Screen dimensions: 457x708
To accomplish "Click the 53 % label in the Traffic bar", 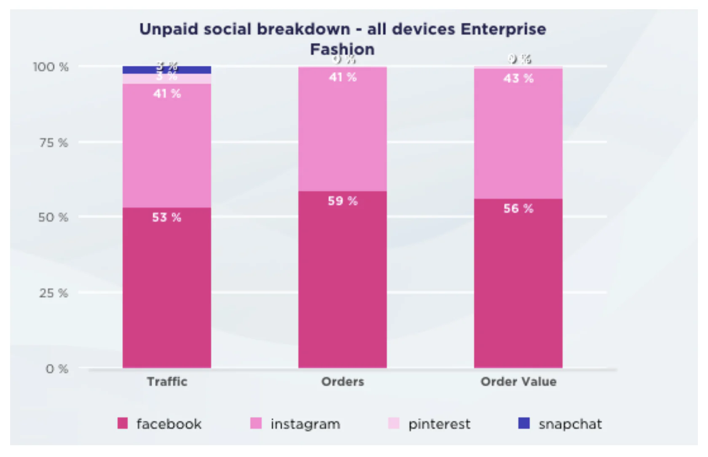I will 166,218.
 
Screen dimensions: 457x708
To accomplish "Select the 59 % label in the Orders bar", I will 343,201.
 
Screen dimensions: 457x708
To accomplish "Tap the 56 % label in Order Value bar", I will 518,209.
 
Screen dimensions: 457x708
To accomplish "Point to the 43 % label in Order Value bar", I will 518,78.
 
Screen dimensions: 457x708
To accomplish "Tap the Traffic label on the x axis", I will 167,382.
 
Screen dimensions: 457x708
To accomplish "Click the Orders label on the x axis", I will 343,382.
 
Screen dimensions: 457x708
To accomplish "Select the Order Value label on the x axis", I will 518,382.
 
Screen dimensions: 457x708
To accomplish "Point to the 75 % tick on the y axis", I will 54,143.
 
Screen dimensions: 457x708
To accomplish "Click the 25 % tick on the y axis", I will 54,293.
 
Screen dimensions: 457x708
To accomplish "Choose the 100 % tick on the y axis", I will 51,67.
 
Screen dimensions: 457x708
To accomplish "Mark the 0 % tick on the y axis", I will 57,369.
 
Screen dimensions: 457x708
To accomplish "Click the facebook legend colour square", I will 122,423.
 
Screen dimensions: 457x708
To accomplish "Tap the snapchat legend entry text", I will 570,424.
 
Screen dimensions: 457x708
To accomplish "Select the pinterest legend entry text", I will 439,424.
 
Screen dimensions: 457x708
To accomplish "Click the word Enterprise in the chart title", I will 503,29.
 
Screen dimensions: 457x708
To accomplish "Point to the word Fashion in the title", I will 342,49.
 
